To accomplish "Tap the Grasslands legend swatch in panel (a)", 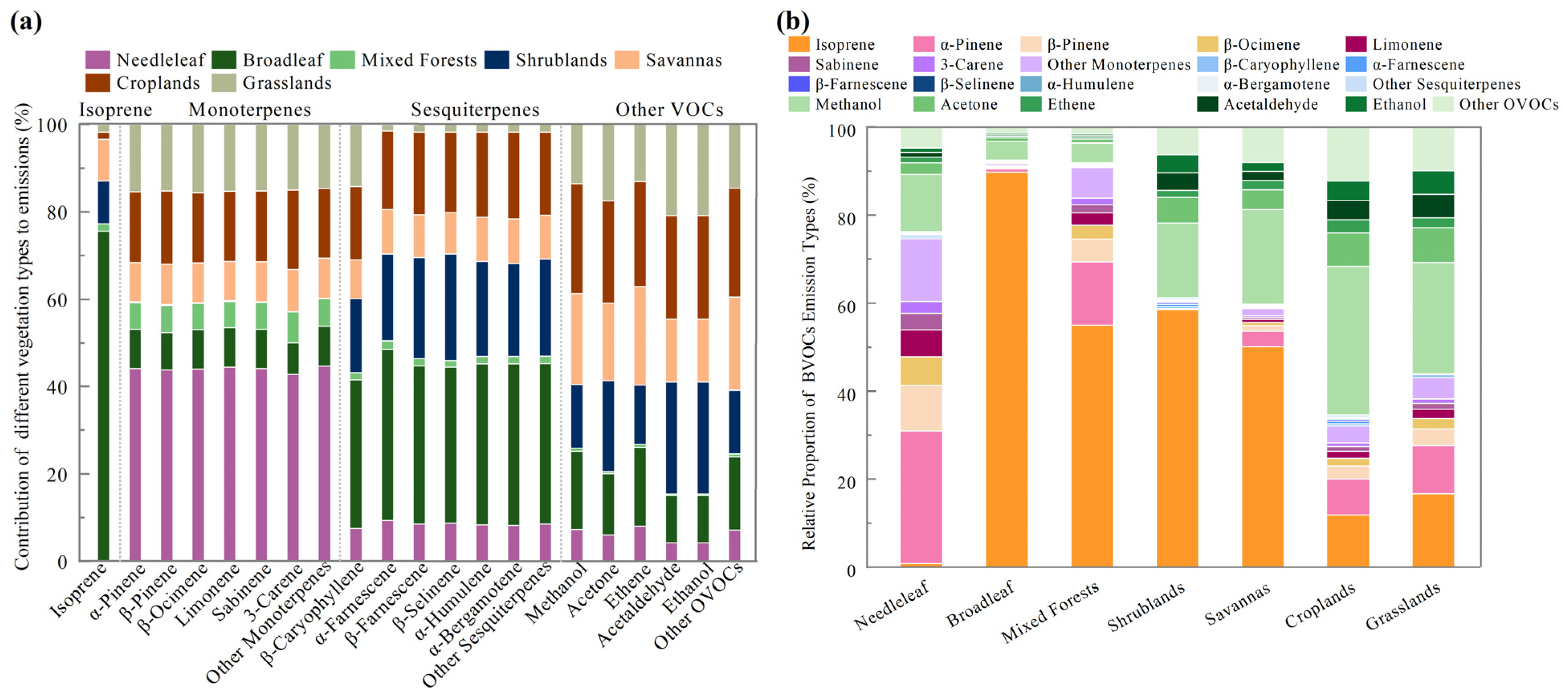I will coord(223,83).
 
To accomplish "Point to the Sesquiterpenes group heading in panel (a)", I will coord(475,110).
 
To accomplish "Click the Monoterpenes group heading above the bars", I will coord(249,110).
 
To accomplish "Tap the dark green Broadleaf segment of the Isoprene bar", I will coord(103,395).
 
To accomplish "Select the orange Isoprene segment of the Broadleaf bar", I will coord(1007,370).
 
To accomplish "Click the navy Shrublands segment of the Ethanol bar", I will coord(702,438).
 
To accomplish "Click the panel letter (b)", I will coord(792,22).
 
